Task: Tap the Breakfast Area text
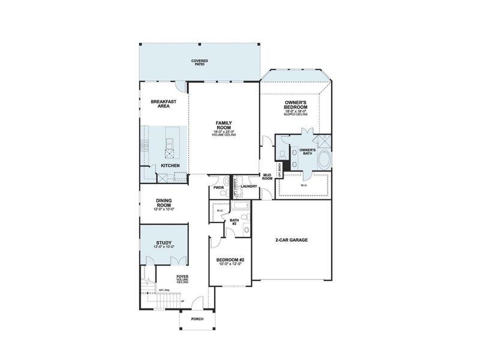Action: [163, 104]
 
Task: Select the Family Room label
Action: [224, 124]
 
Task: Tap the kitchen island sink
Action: [170, 143]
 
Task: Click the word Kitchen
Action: [170, 165]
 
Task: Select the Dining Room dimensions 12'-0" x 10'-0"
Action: [164, 209]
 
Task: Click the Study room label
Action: [164, 243]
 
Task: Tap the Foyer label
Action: [182, 277]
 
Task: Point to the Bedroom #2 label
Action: [230, 260]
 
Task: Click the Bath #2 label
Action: [235, 221]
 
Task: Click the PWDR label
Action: [218, 187]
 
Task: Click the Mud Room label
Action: [267, 176]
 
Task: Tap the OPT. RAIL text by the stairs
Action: [163, 290]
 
